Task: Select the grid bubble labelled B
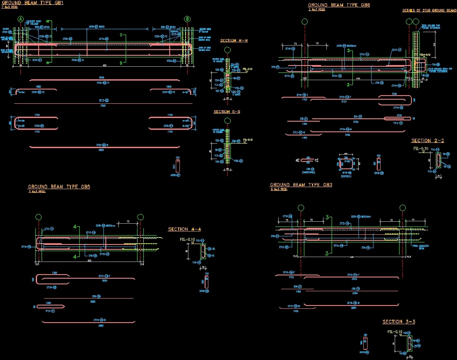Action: click(187, 19)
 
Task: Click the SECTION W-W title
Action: click(234, 41)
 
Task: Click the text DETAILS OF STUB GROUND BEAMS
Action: click(429, 11)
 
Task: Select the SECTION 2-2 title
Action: click(427, 141)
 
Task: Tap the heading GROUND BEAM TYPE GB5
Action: click(59, 187)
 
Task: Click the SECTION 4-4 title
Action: click(184, 229)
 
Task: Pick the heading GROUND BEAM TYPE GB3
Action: click(301, 185)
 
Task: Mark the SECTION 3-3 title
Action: click(399, 322)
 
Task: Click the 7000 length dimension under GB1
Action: click(103, 105)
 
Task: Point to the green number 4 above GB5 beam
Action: click(74, 227)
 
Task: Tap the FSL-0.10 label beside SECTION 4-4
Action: click(187, 240)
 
